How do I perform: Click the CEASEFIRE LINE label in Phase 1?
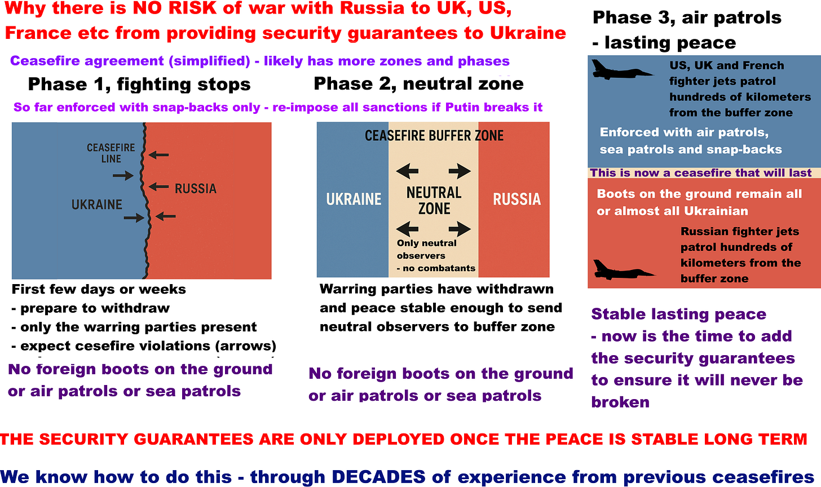click(x=111, y=153)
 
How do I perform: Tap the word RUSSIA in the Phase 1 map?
click(x=195, y=188)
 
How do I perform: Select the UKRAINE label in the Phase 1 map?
click(x=96, y=204)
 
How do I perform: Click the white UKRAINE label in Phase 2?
click(x=354, y=199)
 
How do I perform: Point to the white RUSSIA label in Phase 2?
click(x=517, y=199)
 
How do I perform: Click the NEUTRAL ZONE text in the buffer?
click(x=434, y=201)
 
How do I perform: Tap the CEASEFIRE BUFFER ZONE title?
click(x=434, y=136)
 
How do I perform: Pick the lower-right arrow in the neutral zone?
click(x=460, y=229)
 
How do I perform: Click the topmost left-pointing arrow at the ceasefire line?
click(x=158, y=154)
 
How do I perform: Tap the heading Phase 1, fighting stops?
click(x=139, y=85)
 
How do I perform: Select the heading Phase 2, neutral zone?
click(x=418, y=84)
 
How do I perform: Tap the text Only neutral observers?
click(x=426, y=249)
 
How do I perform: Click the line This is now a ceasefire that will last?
click(x=701, y=173)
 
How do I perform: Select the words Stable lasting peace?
click(x=678, y=314)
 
